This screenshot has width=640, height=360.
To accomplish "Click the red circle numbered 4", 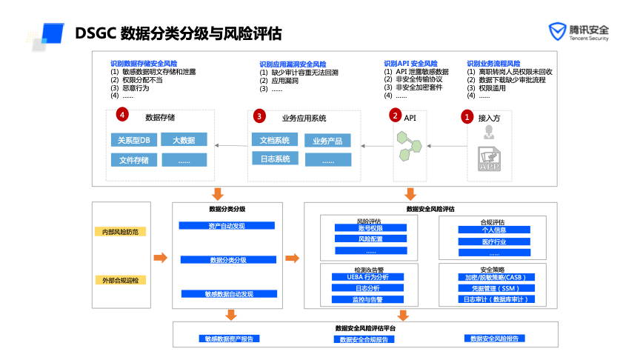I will pyautogui.click(x=121, y=115).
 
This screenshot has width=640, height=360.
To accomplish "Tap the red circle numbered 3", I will pyautogui.click(x=259, y=116).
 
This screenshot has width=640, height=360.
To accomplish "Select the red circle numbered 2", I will pyautogui.click(x=396, y=116).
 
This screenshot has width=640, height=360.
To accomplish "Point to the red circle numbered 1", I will pyautogui.click(x=467, y=116).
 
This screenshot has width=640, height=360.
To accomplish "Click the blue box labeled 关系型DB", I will pyautogui.click(x=133, y=139).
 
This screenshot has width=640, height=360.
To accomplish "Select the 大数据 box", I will pyautogui.click(x=184, y=139).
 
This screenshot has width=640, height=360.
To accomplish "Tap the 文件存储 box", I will pyautogui.click(x=133, y=159).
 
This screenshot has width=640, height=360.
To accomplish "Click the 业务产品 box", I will pyautogui.click(x=327, y=141).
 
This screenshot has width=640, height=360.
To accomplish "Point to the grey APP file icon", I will pyautogui.click(x=489, y=159).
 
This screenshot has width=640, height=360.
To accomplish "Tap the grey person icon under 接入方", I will pyautogui.click(x=489, y=133).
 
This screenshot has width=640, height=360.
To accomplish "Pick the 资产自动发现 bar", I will pyautogui.click(x=228, y=225).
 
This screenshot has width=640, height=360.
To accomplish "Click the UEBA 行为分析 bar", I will pyautogui.click(x=368, y=276).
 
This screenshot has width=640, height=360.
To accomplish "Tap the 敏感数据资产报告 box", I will pyautogui.click(x=228, y=339).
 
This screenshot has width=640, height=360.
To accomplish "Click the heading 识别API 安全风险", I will pyautogui.click(x=410, y=64).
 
